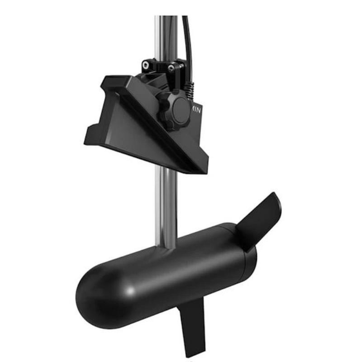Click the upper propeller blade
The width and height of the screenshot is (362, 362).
coord(260,219)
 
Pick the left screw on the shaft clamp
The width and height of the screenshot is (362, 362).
coord(146,65)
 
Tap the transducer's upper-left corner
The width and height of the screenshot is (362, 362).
coord(107,79)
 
